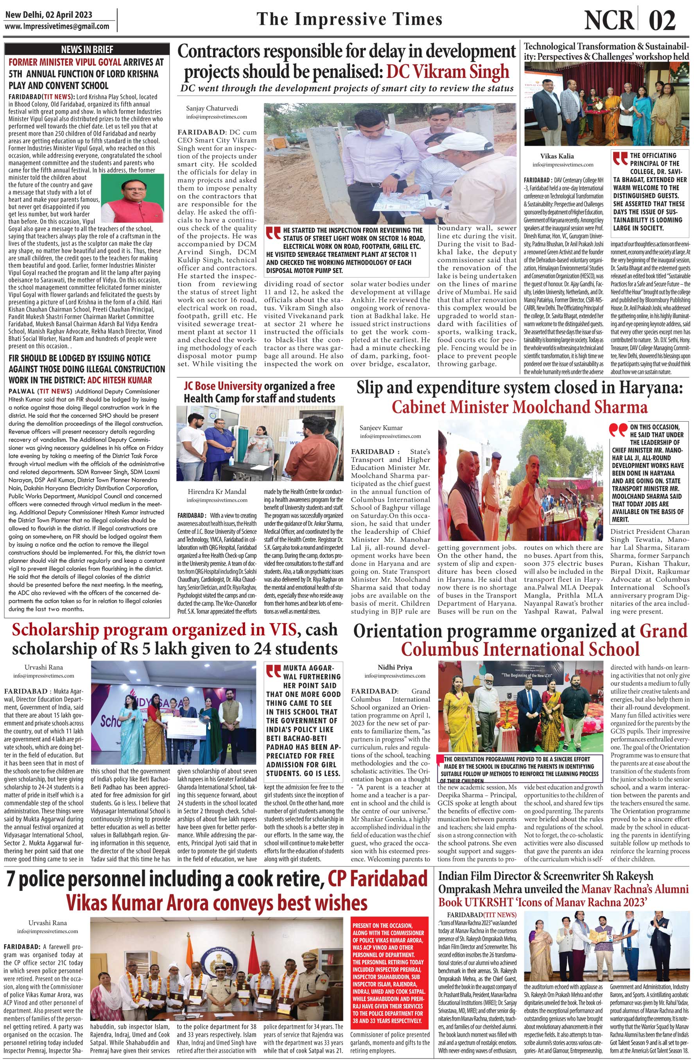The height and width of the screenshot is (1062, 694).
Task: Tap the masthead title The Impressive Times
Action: tap(350, 19)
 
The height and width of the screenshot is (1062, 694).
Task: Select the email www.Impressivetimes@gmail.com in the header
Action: tap(57, 26)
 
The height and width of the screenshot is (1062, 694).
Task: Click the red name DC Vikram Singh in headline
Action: tap(448, 72)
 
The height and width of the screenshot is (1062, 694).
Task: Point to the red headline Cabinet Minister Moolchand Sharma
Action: tap(520, 407)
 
